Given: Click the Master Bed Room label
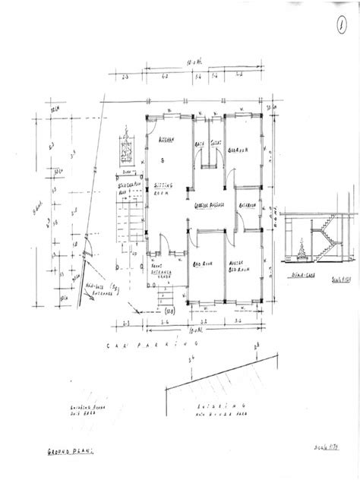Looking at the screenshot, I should coord(241,267).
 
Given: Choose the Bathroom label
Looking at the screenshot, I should coord(247,205).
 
